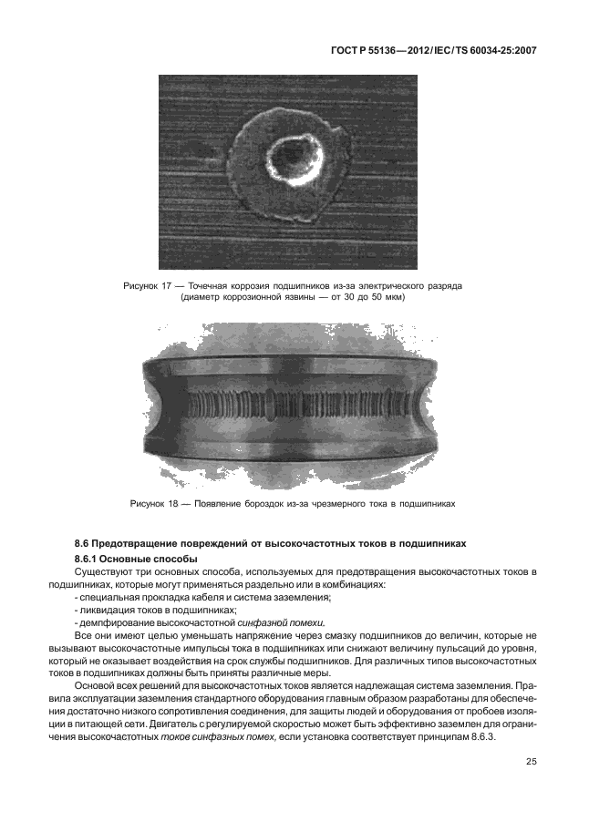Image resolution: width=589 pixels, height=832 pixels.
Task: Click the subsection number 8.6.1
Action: [88, 558]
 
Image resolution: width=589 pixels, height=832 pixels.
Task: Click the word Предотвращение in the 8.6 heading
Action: [137, 543]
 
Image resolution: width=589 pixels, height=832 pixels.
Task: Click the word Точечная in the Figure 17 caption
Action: [212, 286]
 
